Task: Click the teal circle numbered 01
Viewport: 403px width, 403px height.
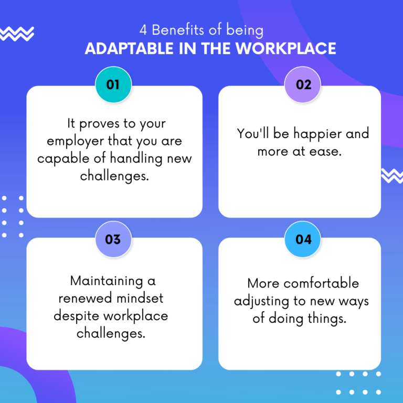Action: (x=113, y=84)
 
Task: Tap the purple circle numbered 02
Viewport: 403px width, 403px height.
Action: (x=303, y=84)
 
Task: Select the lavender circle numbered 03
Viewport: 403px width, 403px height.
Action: (x=113, y=239)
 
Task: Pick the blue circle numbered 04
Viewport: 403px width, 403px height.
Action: (x=303, y=239)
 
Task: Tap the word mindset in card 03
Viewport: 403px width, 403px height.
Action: (x=138, y=299)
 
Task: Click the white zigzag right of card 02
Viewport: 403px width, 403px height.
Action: (x=393, y=176)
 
